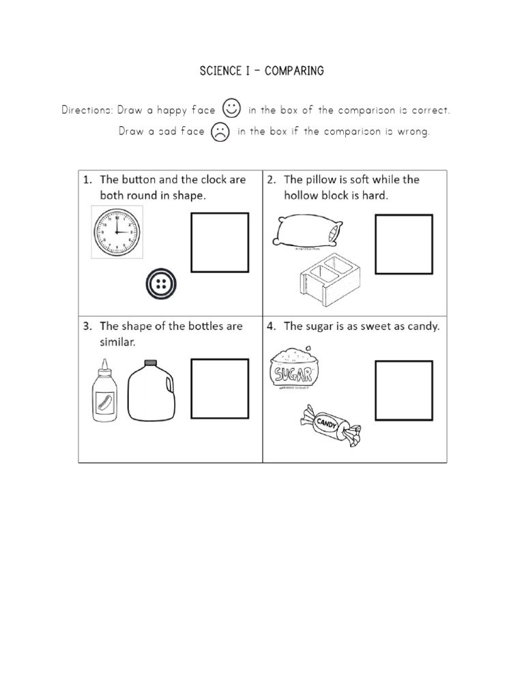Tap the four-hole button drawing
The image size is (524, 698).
pos(162,284)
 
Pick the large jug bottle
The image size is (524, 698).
pos(152,394)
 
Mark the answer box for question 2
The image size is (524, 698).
pos(404,244)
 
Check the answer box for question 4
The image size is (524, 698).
pos(404,391)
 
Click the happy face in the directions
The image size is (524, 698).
pos(232,109)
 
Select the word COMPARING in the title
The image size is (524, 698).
pos(295,71)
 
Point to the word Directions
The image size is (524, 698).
pos(87,110)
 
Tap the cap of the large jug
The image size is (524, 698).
pos(151,362)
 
